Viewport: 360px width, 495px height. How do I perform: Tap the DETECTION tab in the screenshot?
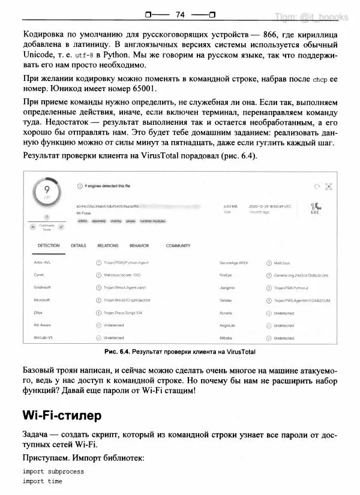click(x=49, y=245)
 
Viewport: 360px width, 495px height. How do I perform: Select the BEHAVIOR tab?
click(x=139, y=245)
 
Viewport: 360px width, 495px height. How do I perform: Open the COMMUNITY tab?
click(x=178, y=245)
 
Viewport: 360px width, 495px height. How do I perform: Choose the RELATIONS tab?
click(x=108, y=245)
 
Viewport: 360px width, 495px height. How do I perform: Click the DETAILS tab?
click(x=79, y=245)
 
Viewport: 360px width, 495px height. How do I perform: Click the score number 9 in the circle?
click(x=46, y=190)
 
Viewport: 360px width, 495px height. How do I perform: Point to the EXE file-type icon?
click(x=314, y=208)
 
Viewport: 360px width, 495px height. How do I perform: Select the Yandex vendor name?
click(x=227, y=299)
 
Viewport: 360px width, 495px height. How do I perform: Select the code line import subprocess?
click(x=53, y=472)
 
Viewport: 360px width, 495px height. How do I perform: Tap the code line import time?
click(x=43, y=481)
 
